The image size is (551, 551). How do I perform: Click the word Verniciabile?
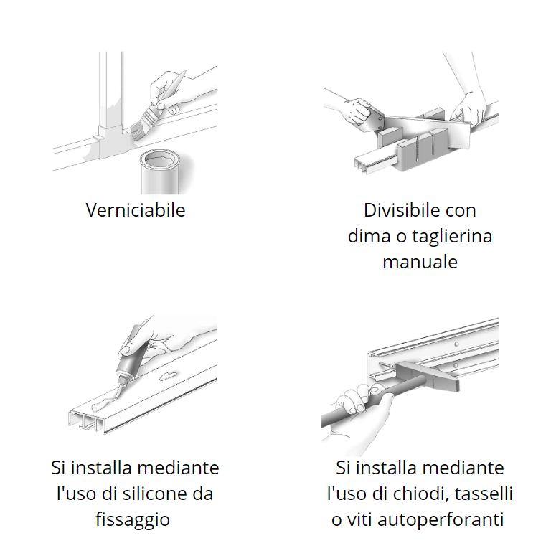[x=136, y=210]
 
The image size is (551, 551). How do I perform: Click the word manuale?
[x=420, y=262]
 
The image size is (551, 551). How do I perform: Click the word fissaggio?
[x=133, y=519]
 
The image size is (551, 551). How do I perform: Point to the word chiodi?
[x=414, y=494]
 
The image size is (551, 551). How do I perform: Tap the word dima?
[x=367, y=236]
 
